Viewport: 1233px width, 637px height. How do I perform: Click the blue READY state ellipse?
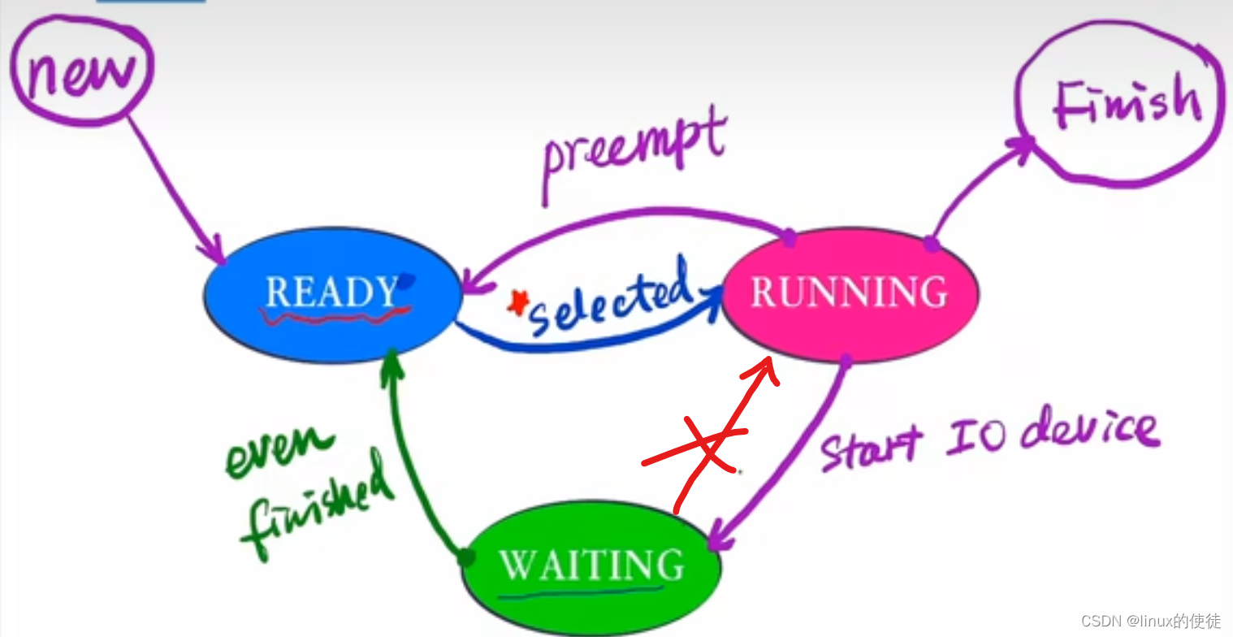coord(331,294)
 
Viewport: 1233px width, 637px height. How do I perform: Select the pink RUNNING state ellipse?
coord(850,292)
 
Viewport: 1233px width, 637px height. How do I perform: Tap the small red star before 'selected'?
coord(516,303)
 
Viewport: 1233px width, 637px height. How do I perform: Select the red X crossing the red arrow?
coord(703,447)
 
